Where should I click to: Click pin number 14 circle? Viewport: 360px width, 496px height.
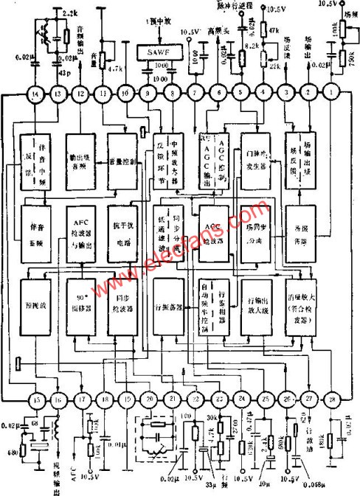point(35,95)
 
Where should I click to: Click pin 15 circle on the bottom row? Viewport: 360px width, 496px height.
point(35,400)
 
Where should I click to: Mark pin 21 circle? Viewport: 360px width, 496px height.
point(173,399)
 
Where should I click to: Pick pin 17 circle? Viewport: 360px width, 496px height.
point(80,400)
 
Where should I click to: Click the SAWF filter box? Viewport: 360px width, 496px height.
point(160,53)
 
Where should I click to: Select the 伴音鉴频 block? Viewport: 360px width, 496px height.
point(36,234)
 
